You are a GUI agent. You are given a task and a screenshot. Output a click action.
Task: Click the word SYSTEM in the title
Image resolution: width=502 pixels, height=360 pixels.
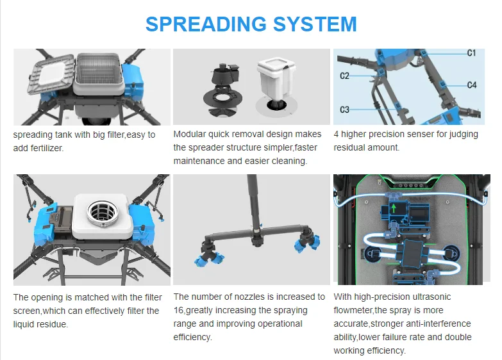(x=314, y=24)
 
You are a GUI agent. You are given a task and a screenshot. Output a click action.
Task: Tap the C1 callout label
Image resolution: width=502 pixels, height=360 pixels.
(x=471, y=53)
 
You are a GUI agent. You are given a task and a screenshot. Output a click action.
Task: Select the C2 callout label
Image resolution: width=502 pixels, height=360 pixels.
(x=344, y=76)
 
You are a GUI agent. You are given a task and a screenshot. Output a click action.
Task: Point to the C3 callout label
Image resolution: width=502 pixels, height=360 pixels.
(x=344, y=110)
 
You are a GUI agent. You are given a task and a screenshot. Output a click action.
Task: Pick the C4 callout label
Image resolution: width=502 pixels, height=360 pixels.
(x=471, y=85)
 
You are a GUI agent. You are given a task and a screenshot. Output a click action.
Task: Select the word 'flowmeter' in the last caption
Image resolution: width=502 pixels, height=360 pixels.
(x=355, y=310)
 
